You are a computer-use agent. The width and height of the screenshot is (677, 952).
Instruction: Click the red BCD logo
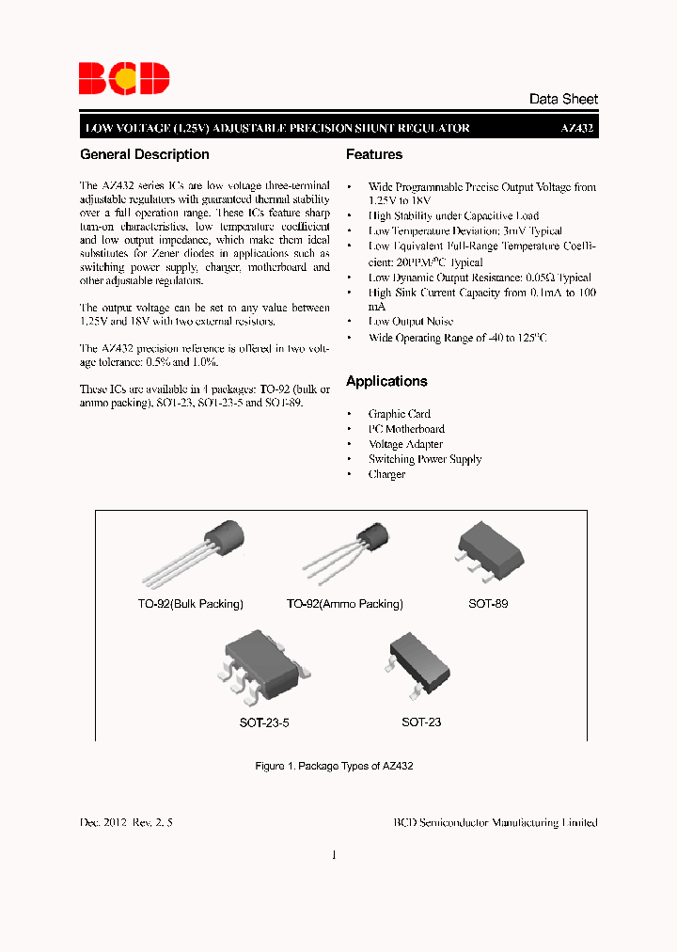(x=124, y=79)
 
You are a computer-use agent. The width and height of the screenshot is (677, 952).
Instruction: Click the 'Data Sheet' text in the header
(x=563, y=99)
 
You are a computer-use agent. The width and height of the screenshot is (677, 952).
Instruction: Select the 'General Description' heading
(x=145, y=154)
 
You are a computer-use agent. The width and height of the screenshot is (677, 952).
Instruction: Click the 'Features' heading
(x=374, y=154)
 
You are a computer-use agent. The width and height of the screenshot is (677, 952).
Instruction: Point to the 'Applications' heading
(x=386, y=381)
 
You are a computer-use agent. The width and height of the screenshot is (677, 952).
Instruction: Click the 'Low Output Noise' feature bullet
(x=410, y=322)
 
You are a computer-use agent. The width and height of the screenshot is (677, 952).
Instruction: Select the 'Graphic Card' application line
(x=400, y=414)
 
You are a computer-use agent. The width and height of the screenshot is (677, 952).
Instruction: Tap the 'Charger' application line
(x=386, y=474)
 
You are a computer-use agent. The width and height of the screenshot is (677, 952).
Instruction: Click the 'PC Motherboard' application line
(x=406, y=429)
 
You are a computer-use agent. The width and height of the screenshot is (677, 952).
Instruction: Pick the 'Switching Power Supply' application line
(x=425, y=459)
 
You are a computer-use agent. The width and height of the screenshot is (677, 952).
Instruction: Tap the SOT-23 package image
(x=419, y=664)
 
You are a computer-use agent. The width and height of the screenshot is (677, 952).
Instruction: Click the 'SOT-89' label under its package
(x=488, y=604)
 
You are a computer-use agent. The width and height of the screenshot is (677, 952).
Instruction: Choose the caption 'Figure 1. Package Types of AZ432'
(x=335, y=767)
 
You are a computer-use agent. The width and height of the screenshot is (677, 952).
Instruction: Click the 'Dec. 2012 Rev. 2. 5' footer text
(x=127, y=822)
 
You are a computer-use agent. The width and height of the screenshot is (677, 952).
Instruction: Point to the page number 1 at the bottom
(x=334, y=855)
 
